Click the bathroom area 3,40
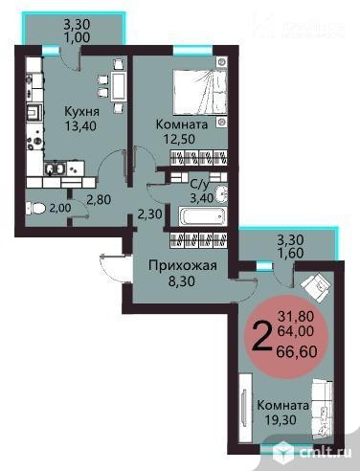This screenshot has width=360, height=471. coord(200,198)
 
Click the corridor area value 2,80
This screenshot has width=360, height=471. coord(101,199)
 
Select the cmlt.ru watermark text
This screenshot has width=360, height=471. coord(323,452)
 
